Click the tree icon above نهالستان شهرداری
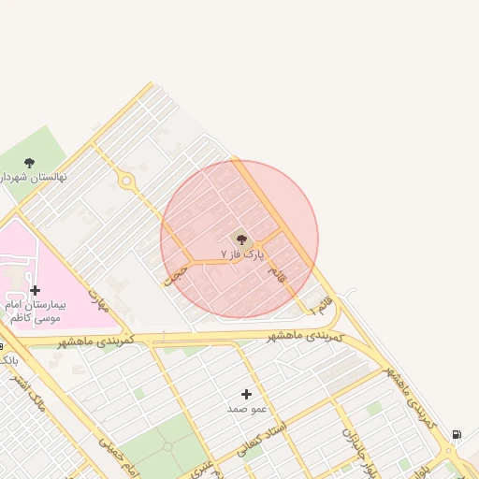tap(29, 163)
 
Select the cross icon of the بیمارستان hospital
tap(36, 291)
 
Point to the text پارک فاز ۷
tap(242, 254)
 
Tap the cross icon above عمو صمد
tap(247, 395)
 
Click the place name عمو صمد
tap(247, 409)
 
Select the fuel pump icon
tap(456, 435)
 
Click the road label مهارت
tap(99, 299)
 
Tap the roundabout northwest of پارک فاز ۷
tap(126, 181)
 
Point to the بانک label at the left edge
tap(7, 359)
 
